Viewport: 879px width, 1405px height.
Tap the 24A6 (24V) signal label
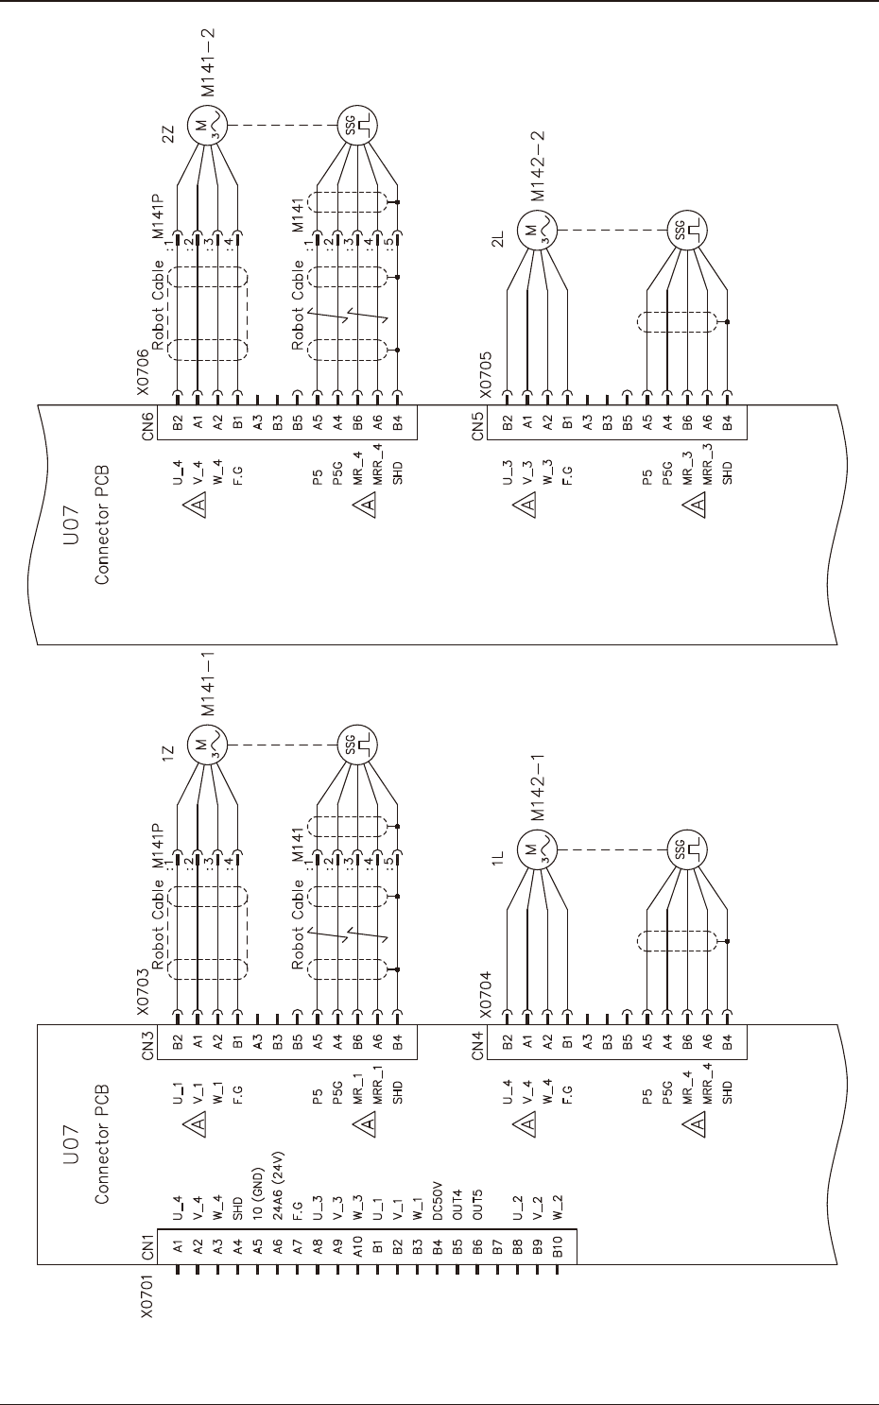(x=280, y=1179)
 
